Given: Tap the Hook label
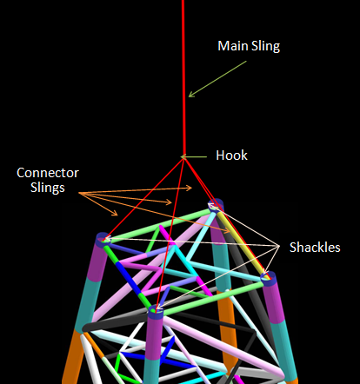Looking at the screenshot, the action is (x=231, y=156).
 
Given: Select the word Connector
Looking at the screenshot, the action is (x=48, y=173).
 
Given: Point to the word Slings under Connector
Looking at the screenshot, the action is (x=48, y=188).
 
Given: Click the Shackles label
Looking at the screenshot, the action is (x=315, y=248).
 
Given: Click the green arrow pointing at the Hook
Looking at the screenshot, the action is (x=194, y=157).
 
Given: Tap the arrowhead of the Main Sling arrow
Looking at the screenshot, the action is (x=190, y=95).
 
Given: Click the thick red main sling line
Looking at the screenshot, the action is (x=183, y=77).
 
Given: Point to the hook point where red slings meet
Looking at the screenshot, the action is (x=183, y=157).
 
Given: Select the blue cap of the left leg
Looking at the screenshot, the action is (x=103, y=240).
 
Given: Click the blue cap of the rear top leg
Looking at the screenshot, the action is (x=217, y=205).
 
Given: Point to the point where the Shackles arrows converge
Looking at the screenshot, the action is (x=279, y=246).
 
